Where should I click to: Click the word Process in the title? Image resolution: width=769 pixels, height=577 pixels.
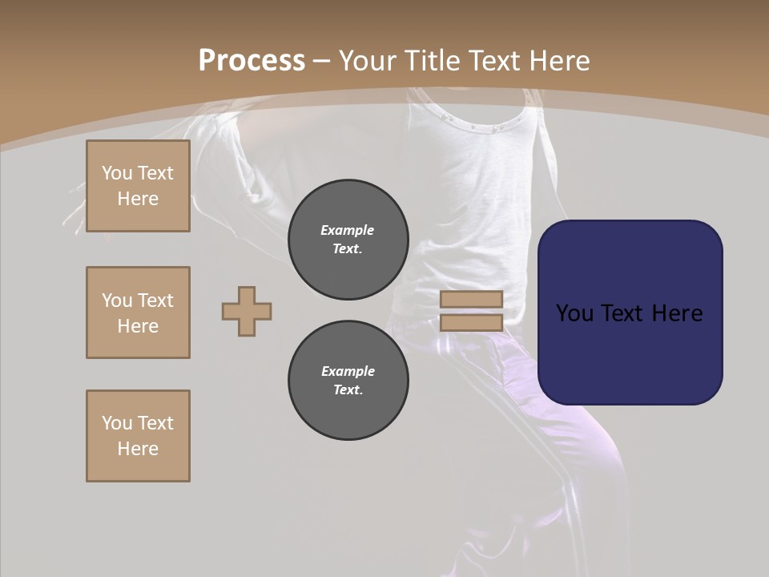click(x=252, y=61)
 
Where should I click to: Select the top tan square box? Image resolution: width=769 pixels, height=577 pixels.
click(x=138, y=186)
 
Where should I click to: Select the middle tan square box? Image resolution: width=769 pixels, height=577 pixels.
click(x=138, y=313)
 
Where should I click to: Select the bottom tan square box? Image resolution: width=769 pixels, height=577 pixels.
click(x=138, y=436)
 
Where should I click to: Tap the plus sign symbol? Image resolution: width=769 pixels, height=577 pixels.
click(x=247, y=311)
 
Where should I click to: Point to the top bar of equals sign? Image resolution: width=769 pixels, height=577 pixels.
click(x=471, y=300)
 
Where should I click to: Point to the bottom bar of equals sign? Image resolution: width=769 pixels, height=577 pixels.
click(x=471, y=323)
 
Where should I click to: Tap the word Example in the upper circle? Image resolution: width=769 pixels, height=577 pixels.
click(x=348, y=230)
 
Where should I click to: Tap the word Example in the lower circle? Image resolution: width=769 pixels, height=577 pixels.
click(x=348, y=371)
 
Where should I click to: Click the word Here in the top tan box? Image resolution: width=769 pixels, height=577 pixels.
click(x=138, y=199)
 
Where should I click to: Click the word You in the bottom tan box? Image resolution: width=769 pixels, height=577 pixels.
click(x=116, y=423)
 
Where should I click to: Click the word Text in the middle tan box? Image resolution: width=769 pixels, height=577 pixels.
click(x=155, y=301)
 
